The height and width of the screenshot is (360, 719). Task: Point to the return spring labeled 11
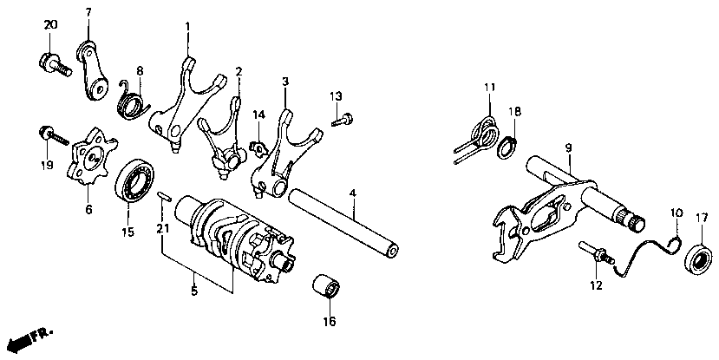(x=480, y=134)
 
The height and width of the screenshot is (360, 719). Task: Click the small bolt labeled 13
(x=343, y=120)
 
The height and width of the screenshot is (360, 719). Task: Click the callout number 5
(x=193, y=290)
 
